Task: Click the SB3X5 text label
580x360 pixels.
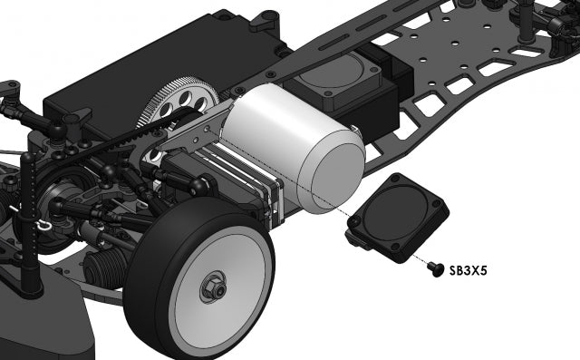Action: pyautogui.click(x=468, y=269)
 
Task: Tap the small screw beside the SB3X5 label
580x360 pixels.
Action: pyautogui.click(x=435, y=268)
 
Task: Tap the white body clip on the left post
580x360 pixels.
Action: pyautogui.click(x=40, y=223)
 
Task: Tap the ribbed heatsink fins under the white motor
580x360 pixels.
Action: pyautogui.click(x=249, y=186)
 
